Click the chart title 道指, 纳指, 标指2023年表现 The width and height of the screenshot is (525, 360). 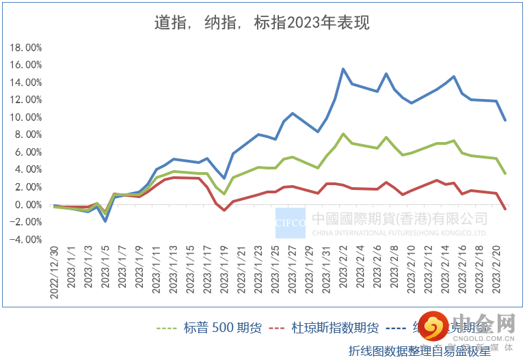click(262, 23)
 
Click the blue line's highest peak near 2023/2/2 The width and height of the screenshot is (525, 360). click(343, 69)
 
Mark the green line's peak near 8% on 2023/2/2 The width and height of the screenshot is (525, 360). click(343, 134)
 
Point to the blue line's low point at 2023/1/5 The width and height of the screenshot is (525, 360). click(105, 221)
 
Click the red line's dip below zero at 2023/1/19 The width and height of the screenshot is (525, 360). click(224, 210)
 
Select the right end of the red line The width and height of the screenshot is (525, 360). click(505, 209)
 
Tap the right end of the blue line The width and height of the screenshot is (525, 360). click(505, 120)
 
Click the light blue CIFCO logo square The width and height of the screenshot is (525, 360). click(291, 222)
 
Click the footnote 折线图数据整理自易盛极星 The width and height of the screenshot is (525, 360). click(420, 351)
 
